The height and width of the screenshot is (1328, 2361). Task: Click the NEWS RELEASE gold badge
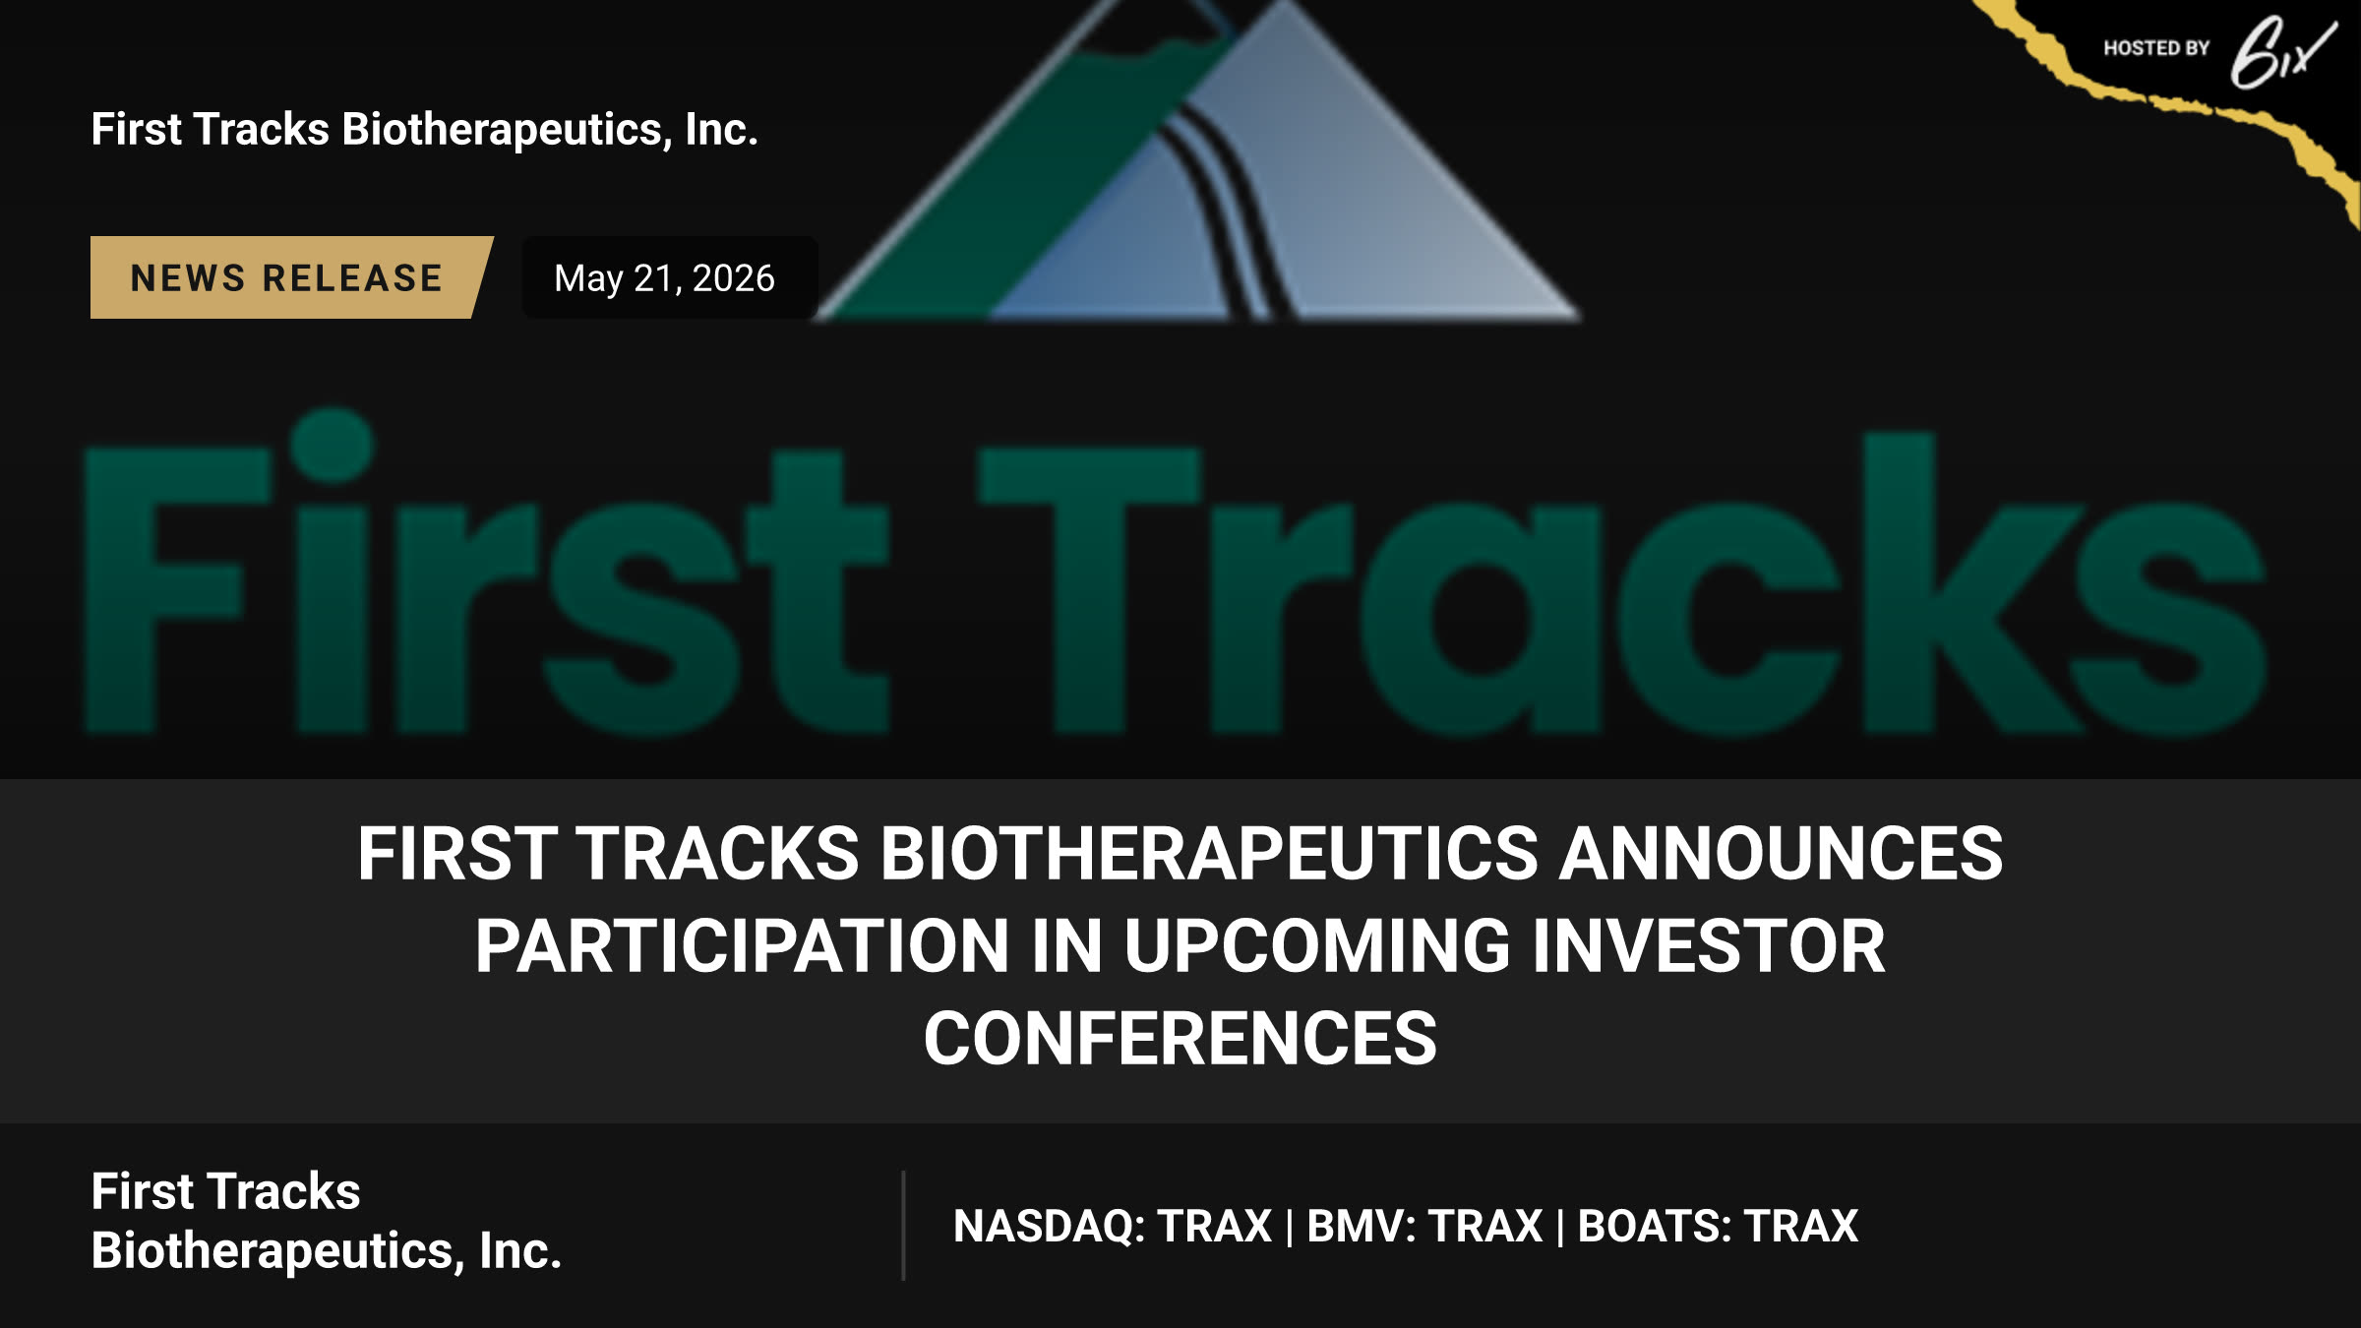tap(290, 277)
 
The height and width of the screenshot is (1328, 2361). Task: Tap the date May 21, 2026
tap(665, 278)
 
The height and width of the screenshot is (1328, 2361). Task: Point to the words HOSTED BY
tap(2156, 48)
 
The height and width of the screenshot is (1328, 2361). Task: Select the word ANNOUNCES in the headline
tap(1782, 853)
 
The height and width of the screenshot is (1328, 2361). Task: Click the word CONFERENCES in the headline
tap(1180, 1039)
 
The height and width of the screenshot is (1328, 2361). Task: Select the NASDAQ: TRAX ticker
tap(1113, 1227)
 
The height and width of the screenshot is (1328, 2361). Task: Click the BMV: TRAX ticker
tap(1424, 1227)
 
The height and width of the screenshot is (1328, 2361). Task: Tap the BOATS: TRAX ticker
tap(1718, 1227)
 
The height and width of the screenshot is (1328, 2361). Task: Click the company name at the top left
tap(424, 130)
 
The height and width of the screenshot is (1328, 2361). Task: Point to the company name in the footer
tap(326, 1221)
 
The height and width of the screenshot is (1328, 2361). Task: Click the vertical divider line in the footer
tap(903, 1226)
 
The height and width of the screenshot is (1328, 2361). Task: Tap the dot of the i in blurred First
tap(333, 446)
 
